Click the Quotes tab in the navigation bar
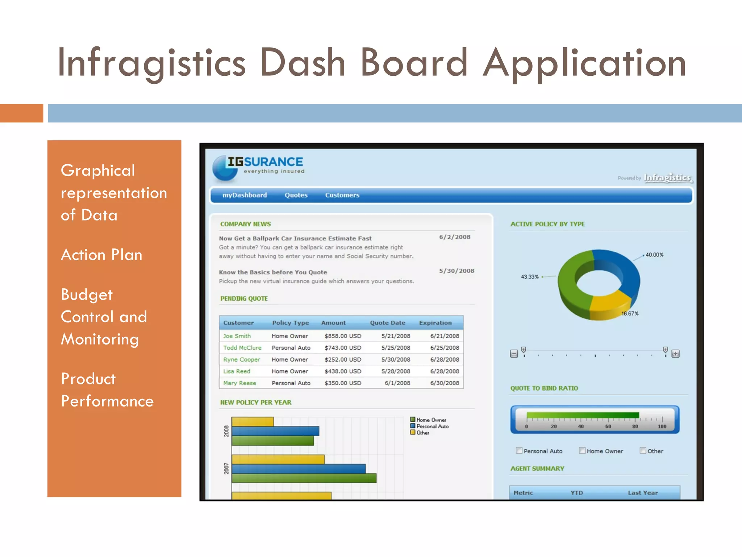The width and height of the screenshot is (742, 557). pos(296,195)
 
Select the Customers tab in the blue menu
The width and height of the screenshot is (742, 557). pos(342,195)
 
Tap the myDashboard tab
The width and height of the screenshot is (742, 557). pos(245,195)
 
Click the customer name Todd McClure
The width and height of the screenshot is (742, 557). pos(242,348)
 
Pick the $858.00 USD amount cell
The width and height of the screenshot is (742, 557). pos(343,336)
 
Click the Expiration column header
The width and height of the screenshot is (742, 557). pos(435,323)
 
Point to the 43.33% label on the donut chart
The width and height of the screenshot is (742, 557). pos(530,277)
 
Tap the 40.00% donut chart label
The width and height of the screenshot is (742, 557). pos(654,255)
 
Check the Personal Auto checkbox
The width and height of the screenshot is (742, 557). pos(519,451)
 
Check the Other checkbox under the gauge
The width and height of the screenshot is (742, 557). pos(643,451)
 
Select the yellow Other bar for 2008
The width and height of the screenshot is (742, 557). pos(253,422)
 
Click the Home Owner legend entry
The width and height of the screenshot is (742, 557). pos(431,420)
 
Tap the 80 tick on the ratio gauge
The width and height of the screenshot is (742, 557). pos(635,426)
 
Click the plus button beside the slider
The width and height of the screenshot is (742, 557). pos(675,354)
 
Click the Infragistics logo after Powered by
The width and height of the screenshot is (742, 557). pos(667,178)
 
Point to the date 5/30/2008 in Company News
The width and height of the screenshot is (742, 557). pos(457,271)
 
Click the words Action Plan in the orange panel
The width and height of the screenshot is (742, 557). pos(101,255)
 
